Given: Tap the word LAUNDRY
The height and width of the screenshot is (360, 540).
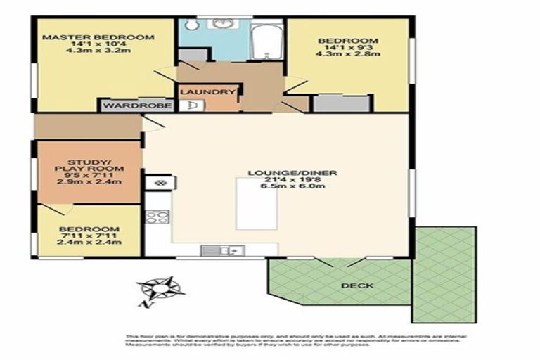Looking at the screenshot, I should (207, 92).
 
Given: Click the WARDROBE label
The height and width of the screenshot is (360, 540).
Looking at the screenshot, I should (135, 106).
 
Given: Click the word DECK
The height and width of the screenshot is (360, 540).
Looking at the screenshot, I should (357, 285).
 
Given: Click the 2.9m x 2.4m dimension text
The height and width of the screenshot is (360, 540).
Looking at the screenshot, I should (91, 182).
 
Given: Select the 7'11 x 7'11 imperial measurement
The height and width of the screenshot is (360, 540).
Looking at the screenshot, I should (89, 236).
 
